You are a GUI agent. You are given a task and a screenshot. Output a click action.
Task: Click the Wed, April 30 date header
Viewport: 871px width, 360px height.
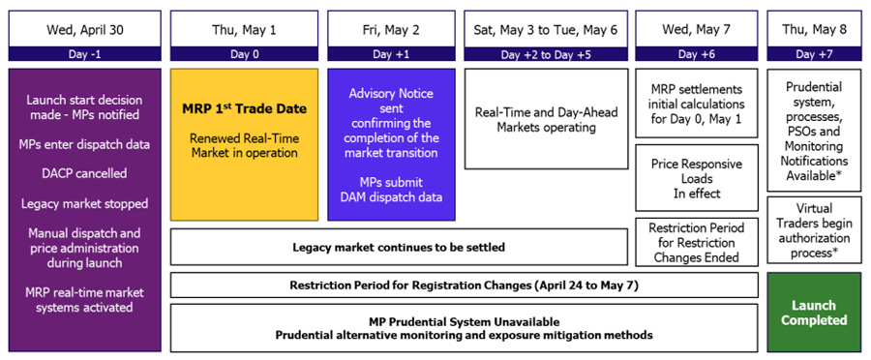point(85,29)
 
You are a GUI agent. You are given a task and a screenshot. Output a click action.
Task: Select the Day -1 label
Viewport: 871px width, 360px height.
point(85,54)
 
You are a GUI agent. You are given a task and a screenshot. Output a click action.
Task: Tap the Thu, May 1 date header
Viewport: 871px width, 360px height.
point(244,29)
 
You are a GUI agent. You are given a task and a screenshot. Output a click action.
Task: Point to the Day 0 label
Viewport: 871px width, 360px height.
point(244,54)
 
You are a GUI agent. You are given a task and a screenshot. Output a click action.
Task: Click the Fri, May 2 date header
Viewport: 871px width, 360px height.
point(391,29)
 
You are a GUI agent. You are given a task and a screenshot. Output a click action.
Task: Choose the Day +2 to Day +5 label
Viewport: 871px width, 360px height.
point(546,54)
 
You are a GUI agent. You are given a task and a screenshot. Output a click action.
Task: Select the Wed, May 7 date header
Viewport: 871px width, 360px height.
point(697,29)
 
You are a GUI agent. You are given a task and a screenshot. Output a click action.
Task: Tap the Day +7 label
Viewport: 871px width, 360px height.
point(814,54)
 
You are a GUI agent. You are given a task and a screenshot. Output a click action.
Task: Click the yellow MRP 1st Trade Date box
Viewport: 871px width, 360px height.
point(245,144)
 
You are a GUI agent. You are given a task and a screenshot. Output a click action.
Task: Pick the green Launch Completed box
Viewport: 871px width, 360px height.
point(814,313)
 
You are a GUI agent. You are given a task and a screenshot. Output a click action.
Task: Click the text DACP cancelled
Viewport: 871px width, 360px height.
point(85,173)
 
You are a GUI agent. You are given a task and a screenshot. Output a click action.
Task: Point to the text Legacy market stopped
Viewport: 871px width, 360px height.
point(85,203)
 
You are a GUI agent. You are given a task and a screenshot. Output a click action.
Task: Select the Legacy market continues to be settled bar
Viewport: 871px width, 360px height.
point(399,247)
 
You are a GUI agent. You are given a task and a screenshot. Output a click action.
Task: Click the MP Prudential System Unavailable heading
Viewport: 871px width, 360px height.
point(464,321)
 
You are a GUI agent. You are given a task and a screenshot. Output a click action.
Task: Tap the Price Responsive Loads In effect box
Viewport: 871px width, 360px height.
point(697,178)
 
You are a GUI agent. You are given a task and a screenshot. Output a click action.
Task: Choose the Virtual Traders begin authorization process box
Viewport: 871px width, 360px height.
point(814,229)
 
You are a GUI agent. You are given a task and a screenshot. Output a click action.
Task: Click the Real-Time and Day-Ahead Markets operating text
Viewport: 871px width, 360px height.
point(546,119)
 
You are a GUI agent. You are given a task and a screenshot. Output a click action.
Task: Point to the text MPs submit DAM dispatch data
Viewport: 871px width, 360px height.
point(391,190)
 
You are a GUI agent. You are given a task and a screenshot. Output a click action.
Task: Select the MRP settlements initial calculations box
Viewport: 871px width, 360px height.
point(697,104)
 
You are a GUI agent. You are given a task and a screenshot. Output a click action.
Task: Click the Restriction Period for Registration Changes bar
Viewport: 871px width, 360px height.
point(464,285)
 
